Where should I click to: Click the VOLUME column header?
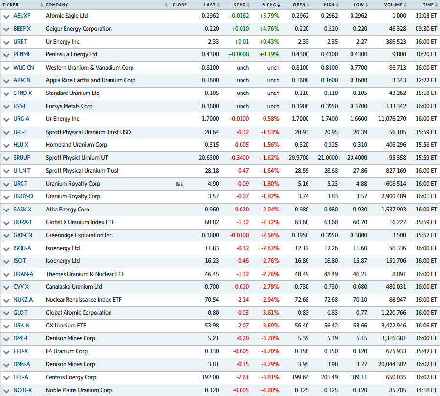(393, 5)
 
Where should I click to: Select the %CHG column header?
(269, 5)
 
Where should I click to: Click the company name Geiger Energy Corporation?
(79, 29)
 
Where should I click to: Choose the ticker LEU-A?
(21, 377)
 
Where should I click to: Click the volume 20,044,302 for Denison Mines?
(388, 364)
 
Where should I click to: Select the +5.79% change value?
(269, 16)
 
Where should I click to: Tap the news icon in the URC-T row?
(180, 184)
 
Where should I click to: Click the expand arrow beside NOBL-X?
(6, 391)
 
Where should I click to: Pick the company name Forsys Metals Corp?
(69, 106)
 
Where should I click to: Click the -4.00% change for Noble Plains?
(269, 390)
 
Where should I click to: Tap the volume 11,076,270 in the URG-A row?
(388, 119)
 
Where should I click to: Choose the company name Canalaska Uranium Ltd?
(74, 287)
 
